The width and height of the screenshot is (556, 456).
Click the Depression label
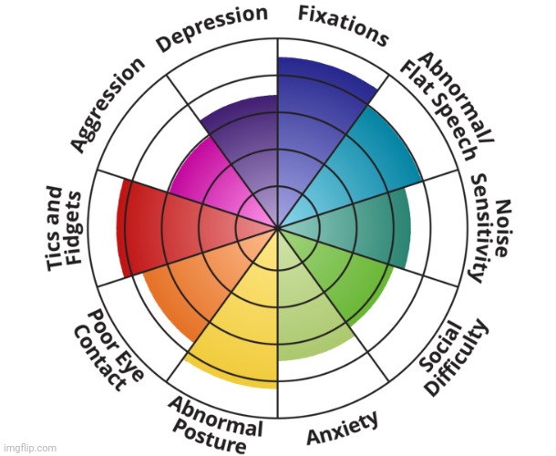[x=212, y=28]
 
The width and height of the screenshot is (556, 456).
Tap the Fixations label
[x=344, y=26]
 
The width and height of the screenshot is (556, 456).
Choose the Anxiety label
[x=342, y=428]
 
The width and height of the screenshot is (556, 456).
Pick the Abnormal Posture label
[x=215, y=424]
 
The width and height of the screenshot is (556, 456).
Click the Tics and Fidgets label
[x=65, y=229]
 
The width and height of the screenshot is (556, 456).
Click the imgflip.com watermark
[x=29, y=448]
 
